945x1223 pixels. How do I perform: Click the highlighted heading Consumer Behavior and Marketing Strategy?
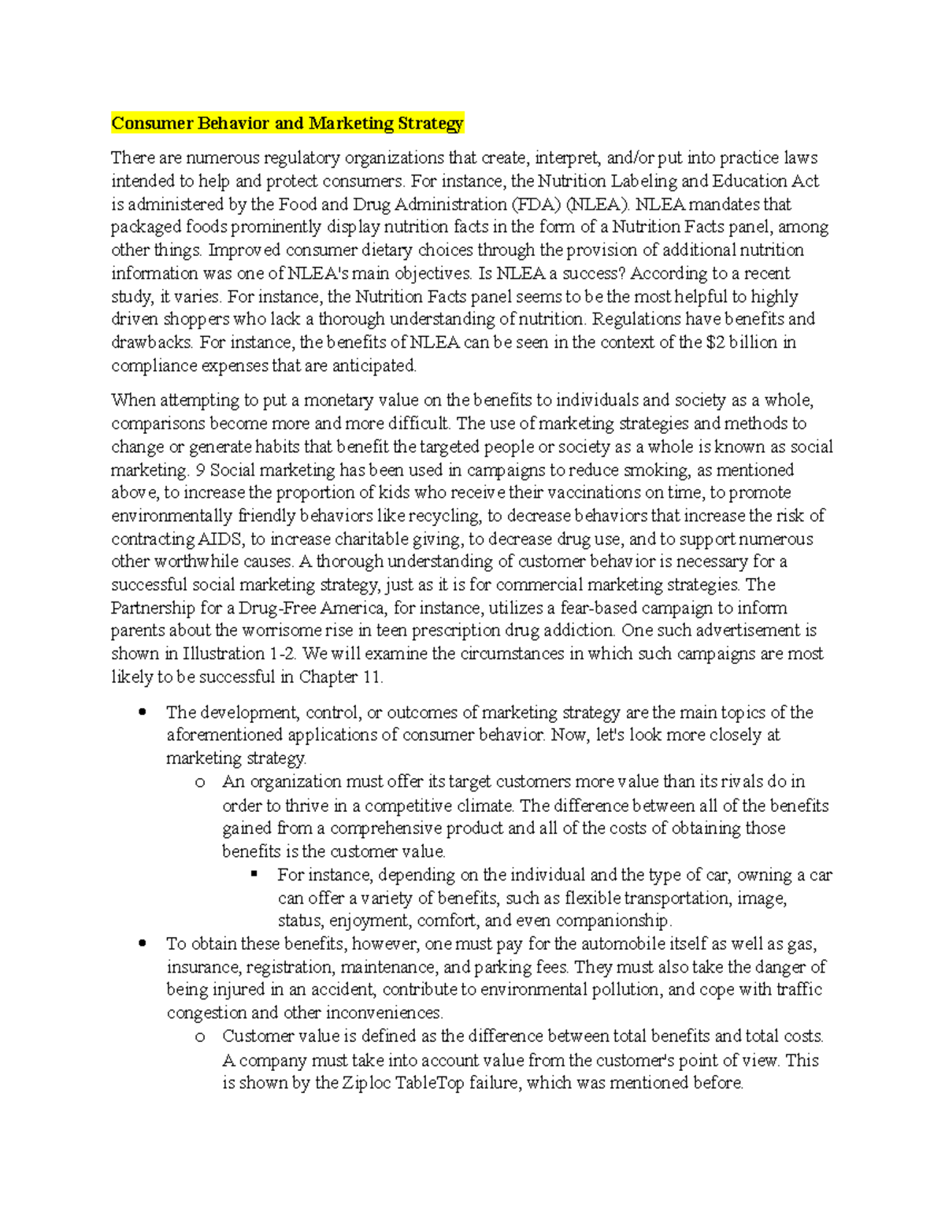click(287, 123)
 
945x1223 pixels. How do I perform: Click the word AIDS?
click(220, 539)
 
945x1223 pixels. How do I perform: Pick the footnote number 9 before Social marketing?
click(199, 470)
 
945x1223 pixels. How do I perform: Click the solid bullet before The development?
click(143, 712)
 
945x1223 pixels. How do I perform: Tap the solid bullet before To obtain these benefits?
click(143, 943)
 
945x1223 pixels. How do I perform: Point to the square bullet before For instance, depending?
click(254, 874)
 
